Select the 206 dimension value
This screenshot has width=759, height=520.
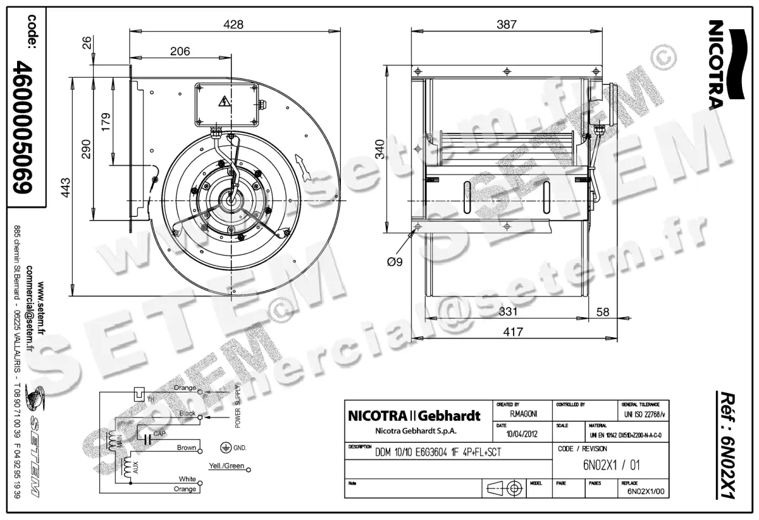click(180, 52)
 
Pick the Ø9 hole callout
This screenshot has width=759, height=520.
click(394, 261)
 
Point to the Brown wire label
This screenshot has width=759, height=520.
click(186, 448)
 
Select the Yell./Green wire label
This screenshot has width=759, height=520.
click(226, 467)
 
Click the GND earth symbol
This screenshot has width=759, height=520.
click(223, 447)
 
